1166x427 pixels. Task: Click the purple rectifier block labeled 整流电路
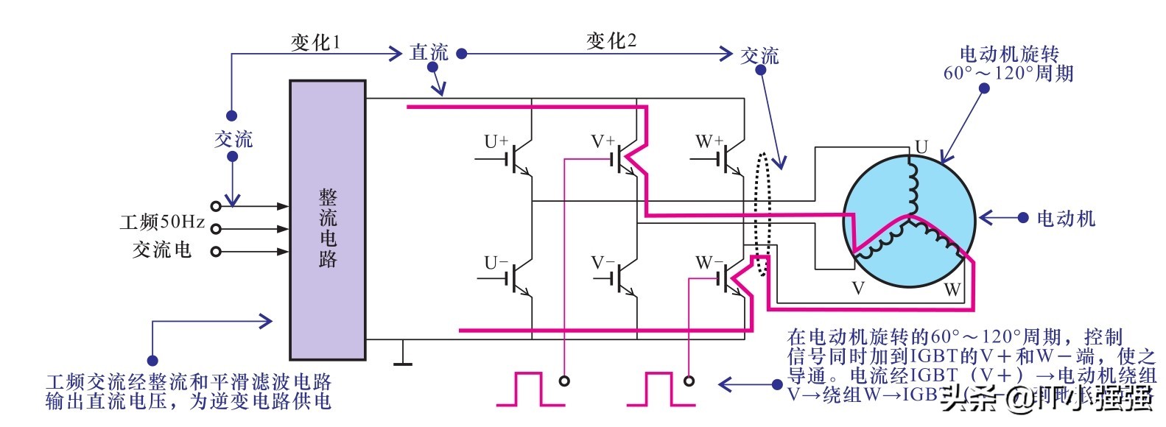point(327,219)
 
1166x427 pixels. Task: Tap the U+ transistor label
point(496,141)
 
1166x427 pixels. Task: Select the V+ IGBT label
point(603,141)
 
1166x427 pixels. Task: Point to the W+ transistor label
point(709,141)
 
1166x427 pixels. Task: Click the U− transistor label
point(496,263)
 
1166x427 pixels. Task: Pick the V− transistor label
point(603,263)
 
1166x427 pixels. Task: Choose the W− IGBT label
point(709,263)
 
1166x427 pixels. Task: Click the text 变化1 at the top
point(315,42)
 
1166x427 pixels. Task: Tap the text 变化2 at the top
point(611,40)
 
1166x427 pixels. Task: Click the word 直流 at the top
point(429,53)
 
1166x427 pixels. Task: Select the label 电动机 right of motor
point(1065,218)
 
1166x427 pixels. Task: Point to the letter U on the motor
point(921,147)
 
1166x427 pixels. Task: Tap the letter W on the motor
point(952,289)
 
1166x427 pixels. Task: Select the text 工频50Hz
point(162,222)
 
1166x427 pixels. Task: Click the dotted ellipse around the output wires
point(762,213)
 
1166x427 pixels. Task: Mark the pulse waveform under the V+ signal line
point(529,389)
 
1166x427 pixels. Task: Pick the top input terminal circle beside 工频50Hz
point(216,206)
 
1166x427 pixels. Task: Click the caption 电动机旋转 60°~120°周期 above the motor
point(1008,63)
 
